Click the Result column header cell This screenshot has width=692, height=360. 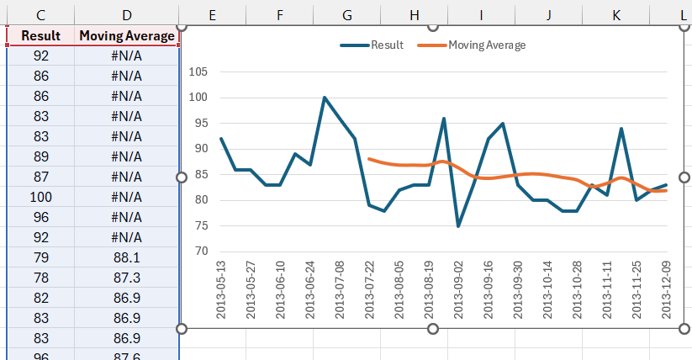40,36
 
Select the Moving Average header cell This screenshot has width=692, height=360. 126,36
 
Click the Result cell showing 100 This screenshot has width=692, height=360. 40,197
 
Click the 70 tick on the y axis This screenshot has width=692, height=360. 200,251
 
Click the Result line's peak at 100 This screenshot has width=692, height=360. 325,98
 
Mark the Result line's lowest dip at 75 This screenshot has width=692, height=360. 458,225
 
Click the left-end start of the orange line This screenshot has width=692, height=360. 369,158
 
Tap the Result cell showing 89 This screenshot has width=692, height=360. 40,156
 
